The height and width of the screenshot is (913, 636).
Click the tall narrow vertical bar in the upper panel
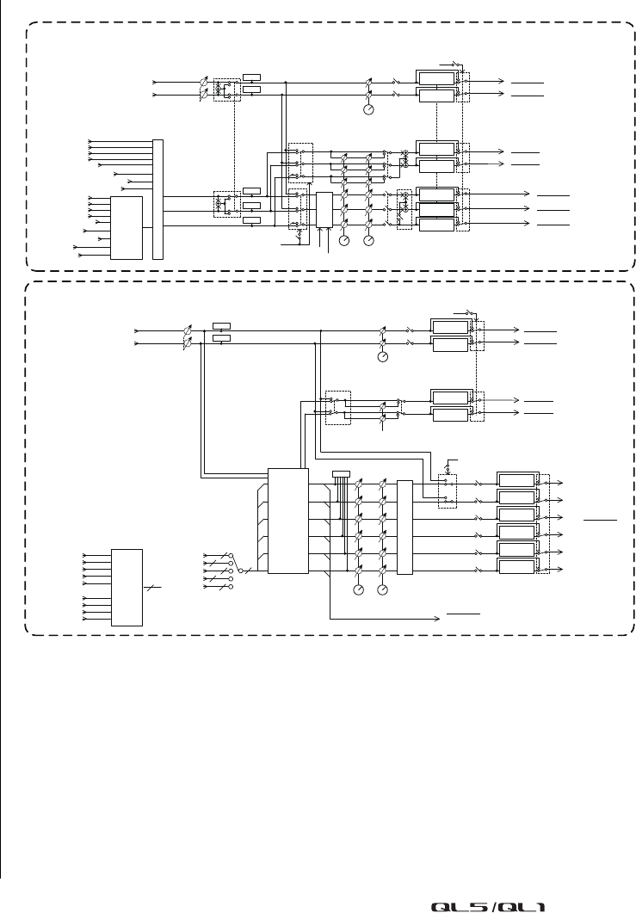point(157,199)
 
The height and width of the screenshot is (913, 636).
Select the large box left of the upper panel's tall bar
point(127,227)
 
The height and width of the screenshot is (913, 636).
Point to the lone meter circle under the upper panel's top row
point(368,109)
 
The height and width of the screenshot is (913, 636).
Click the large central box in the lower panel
point(287,521)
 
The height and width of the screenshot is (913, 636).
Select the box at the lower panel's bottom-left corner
point(127,587)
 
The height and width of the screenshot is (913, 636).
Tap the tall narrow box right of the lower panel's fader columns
point(404,527)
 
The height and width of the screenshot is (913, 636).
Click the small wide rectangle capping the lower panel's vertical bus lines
point(342,472)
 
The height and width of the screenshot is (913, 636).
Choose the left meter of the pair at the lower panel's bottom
point(359,590)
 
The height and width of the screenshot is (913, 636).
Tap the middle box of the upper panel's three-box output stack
point(435,209)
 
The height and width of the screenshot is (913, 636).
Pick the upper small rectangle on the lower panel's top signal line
point(221,326)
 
